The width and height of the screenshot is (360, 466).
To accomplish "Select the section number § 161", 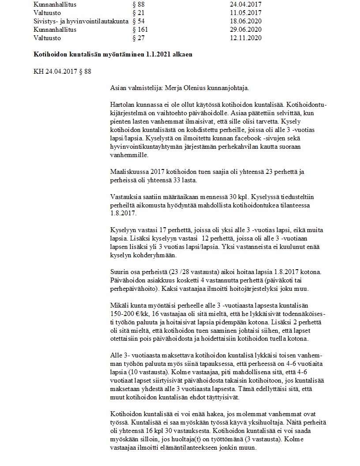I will pos(140,30).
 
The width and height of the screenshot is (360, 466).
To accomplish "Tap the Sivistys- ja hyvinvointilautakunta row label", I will pos(81,21).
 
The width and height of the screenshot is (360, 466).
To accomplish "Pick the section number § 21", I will pos(139,13).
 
